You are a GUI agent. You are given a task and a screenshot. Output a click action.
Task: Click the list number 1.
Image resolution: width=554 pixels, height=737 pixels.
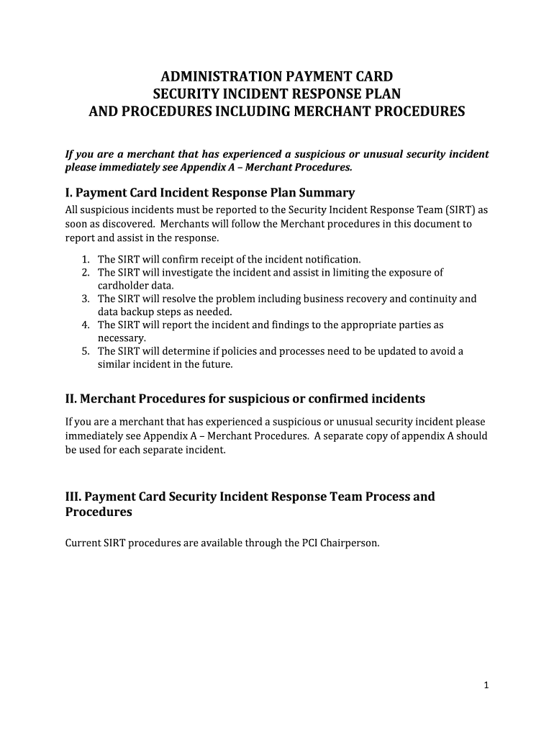click(x=85, y=259)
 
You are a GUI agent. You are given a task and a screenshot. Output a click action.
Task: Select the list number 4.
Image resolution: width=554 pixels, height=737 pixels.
click(x=85, y=325)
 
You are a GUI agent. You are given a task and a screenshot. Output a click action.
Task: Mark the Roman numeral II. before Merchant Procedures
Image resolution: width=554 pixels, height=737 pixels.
click(x=71, y=399)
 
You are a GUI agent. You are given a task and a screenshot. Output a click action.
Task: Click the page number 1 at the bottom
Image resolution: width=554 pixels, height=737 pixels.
click(x=486, y=685)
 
